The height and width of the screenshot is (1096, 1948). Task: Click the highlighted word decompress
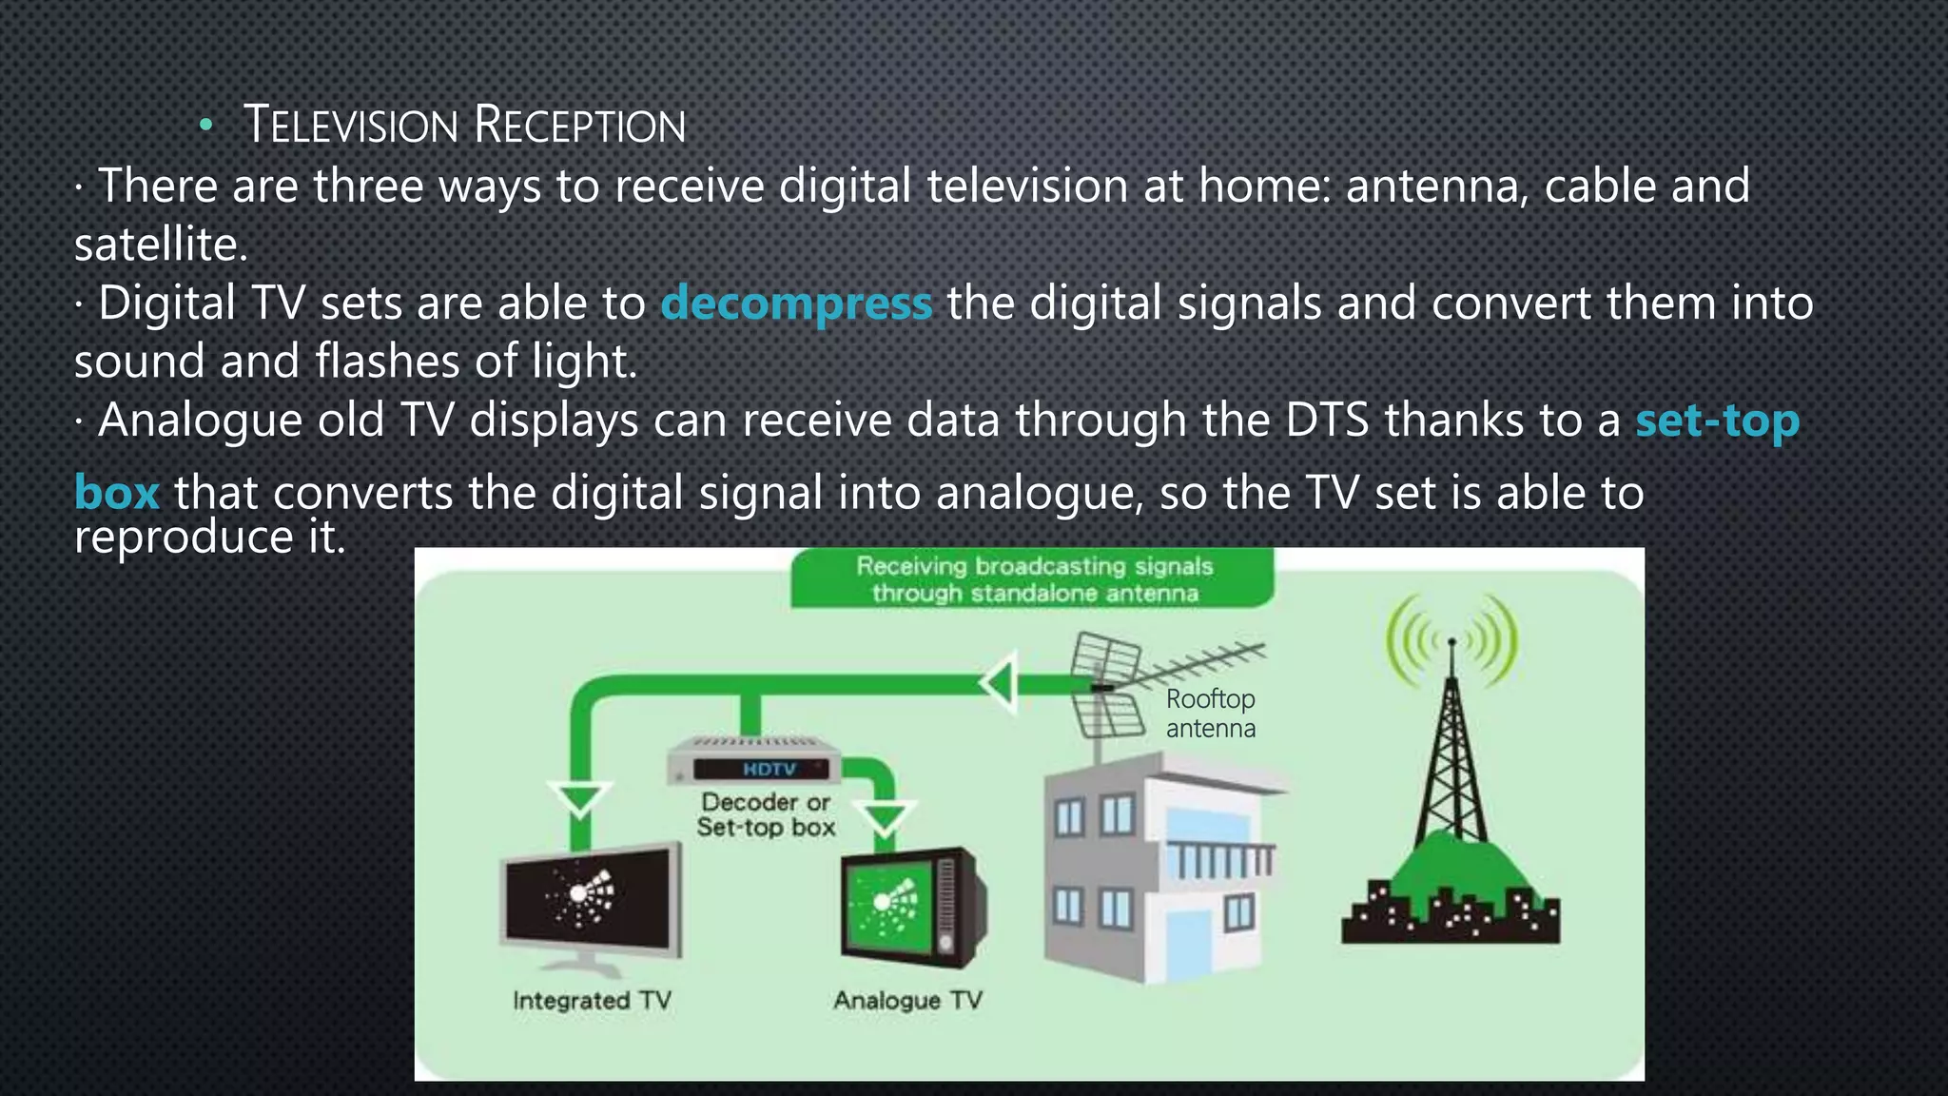tap(796, 304)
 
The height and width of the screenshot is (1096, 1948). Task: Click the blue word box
tap(116, 493)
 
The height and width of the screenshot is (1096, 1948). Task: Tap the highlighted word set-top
tap(1717, 421)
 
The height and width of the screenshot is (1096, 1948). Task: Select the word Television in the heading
tap(351, 126)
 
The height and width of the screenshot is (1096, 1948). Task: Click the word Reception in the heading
tap(579, 126)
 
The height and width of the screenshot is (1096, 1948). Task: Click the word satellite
tap(161, 245)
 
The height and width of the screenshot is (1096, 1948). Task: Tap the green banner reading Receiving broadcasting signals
tap(1034, 579)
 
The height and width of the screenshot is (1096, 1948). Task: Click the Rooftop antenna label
tap(1210, 714)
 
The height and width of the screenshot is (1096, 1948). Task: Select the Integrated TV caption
tap(592, 1001)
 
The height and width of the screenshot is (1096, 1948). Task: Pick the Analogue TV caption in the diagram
tap(907, 1001)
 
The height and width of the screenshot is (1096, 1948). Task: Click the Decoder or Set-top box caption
tap(766, 815)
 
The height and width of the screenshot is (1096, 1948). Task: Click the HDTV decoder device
tap(753, 761)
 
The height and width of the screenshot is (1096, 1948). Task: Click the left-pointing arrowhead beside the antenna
tap(999, 682)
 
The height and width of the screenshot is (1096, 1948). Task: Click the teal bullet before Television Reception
tap(205, 127)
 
